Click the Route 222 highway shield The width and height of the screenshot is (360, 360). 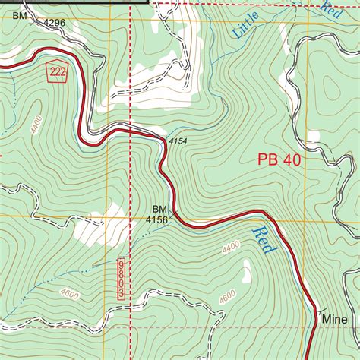tap(56, 71)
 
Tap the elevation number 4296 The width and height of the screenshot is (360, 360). tap(54, 23)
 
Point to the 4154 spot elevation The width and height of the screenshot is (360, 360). tap(177, 141)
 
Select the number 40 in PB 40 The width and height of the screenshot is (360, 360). tap(289, 159)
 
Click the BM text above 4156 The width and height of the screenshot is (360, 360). tap(159, 208)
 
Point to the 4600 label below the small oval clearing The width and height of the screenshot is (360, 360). tap(227, 298)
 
